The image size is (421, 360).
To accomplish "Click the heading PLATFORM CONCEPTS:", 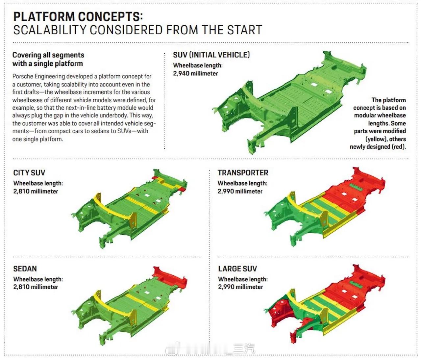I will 78,16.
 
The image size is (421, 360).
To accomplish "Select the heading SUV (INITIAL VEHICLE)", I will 211,55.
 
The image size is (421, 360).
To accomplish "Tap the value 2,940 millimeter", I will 195,73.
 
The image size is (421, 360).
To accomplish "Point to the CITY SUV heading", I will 29,173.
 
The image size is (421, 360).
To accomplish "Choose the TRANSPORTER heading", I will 243,173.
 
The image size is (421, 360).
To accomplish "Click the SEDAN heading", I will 25,269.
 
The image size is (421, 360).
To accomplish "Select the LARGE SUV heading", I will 237,269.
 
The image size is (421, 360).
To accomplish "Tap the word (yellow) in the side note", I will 376,139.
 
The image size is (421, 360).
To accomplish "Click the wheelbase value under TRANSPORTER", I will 240,191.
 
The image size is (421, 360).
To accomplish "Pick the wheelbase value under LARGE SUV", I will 240,287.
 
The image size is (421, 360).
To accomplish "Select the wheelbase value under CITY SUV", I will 36,191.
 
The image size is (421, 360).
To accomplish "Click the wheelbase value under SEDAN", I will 36,287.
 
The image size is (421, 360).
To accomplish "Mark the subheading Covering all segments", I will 48,55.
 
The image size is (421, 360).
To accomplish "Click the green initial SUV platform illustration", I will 289,102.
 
